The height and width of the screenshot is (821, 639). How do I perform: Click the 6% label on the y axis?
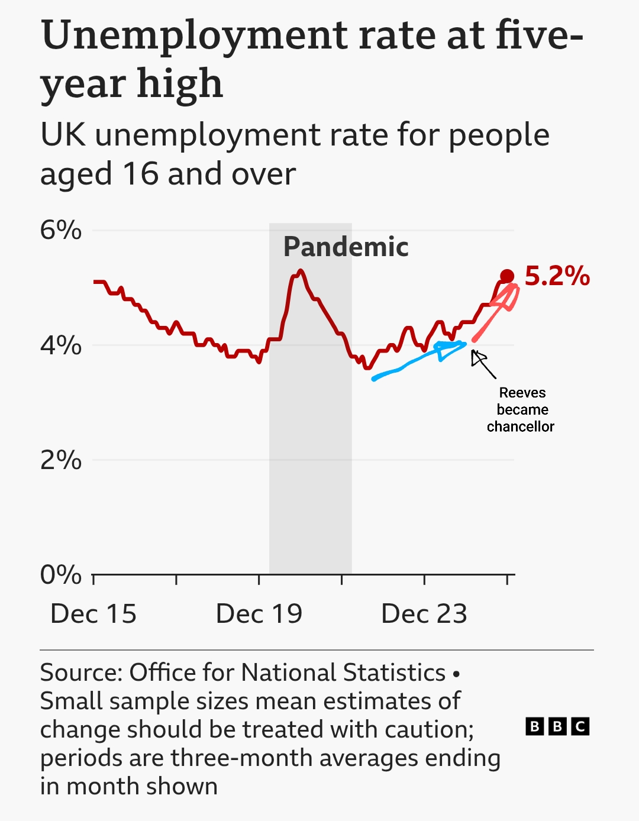[x=61, y=230]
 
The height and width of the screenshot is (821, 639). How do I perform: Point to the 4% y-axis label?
[x=61, y=345]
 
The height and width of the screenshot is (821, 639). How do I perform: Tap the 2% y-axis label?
[x=61, y=460]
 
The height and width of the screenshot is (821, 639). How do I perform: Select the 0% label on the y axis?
[x=61, y=574]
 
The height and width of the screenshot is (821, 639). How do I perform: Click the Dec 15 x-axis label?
[x=93, y=614]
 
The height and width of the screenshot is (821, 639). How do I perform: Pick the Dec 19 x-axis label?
[x=259, y=614]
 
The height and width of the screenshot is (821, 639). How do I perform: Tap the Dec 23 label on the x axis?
[x=424, y=614]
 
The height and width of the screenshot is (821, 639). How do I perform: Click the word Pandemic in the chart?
[x=346, y=247]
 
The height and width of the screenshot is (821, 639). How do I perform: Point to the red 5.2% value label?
[x=557, y=276]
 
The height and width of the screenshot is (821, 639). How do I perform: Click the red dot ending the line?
[x=507, y=276]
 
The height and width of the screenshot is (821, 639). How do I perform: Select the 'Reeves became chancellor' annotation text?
[x=521, y=409]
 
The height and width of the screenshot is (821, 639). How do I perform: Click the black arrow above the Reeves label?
[x=482, y=363]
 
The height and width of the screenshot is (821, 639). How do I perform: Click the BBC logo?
[x=557, y=726]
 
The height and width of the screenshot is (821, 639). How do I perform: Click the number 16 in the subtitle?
[x=140, y=174]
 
